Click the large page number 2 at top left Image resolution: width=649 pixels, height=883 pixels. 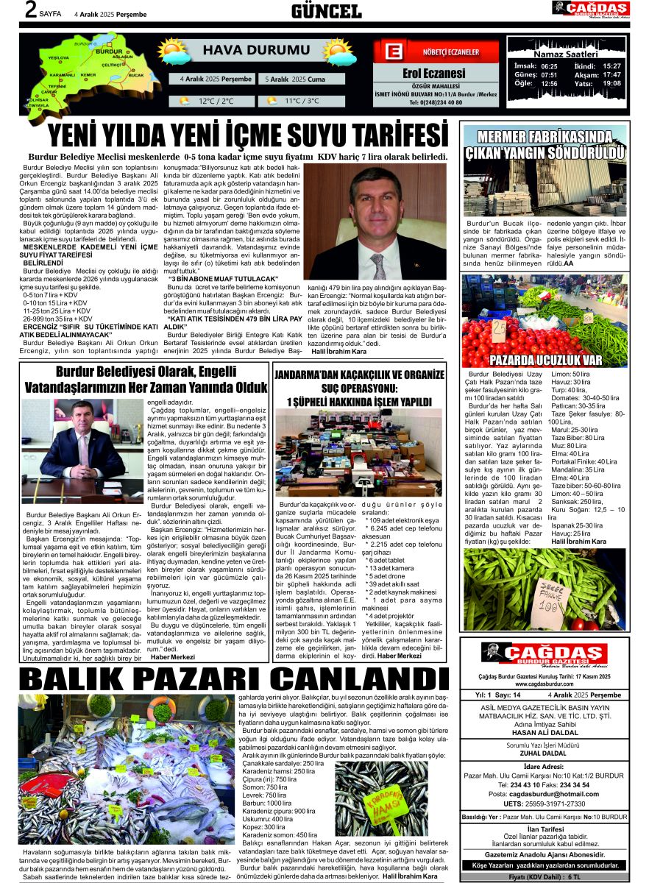click(x=30, y=10)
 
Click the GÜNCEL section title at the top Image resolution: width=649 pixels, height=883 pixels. click(x=326, y=11)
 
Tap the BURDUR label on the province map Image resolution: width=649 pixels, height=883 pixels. click(x=109, y=51)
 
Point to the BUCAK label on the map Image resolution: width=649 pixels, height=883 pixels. click(x=136, y=75)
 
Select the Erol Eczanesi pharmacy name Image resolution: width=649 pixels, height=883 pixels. click(x=434, y=73)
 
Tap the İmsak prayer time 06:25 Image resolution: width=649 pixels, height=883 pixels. click(x=549, y=65)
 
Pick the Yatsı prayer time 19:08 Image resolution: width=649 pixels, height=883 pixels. click(x=611, y=83)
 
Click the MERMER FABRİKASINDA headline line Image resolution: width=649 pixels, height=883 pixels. click(x=544, y=138)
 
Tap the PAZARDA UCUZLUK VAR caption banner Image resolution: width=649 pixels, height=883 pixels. click(x=545, y=360)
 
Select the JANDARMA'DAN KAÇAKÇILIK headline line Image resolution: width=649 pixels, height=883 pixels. click(x=360, y=375)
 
